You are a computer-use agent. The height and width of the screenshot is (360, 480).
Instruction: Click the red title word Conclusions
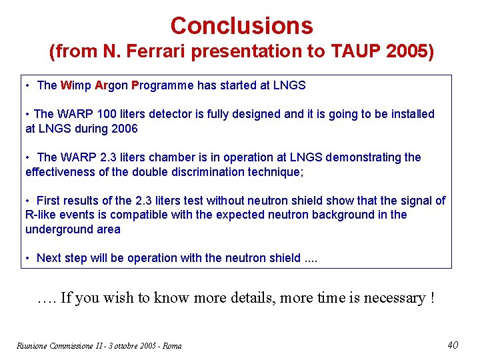[241, 26]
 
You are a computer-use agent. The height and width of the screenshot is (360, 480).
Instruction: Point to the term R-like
[41, 215]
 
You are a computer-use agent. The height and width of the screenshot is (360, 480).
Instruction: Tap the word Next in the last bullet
[50, 258]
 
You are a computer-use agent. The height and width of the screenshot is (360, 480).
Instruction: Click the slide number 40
[453, 345]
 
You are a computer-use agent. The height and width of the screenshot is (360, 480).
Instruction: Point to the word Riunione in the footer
[28, 345]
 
